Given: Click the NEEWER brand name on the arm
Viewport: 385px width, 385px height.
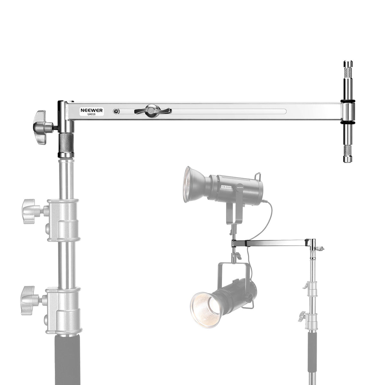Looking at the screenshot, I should click(91, 110).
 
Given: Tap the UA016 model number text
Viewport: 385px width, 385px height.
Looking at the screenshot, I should click(91, 114).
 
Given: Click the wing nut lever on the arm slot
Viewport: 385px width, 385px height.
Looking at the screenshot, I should click(152, 110).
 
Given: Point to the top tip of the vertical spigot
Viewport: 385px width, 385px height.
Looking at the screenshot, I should click(348, 61).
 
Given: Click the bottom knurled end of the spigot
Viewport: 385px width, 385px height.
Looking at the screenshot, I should click(348, 154).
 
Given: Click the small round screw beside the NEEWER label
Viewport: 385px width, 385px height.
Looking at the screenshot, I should click(116, 111).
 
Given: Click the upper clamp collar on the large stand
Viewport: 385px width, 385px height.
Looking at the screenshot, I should click(63, 220).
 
